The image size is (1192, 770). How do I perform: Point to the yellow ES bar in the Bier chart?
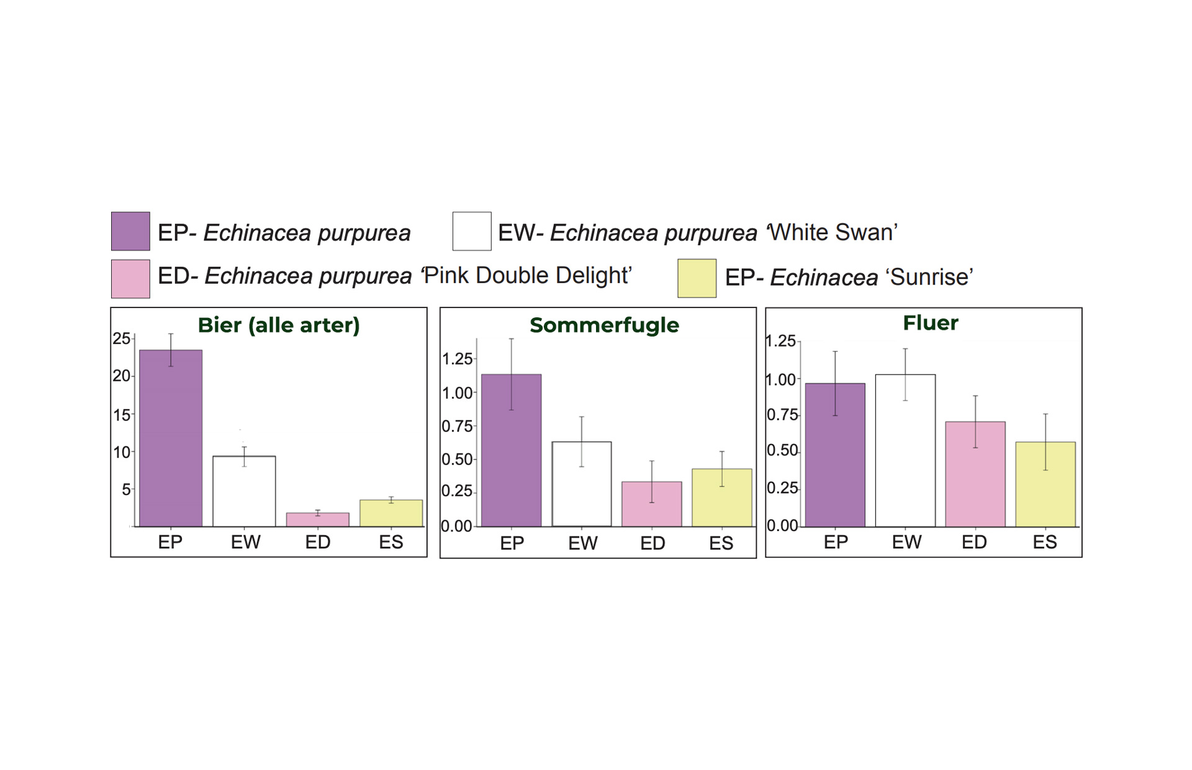click(391, 514)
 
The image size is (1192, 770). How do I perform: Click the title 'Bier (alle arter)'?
click(279, 325)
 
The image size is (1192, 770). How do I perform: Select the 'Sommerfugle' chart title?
click(604, 325)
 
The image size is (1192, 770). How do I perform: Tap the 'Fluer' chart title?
click(930, 323)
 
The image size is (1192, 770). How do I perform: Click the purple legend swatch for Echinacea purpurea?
click(130, 231)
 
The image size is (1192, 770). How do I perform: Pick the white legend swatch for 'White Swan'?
click(472, 231)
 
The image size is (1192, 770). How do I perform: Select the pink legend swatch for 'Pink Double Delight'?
click(130, 279)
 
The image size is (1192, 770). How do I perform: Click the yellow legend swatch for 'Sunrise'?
click(697, 278)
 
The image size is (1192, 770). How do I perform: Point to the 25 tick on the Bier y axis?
click(121, 338)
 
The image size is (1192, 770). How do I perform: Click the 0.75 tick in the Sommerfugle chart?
click(457, 426)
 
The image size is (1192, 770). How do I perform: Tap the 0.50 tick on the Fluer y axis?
click(782, 450)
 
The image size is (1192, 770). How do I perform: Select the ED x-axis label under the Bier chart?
click(318, 542)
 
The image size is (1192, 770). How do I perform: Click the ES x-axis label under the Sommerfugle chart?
click(721, 543)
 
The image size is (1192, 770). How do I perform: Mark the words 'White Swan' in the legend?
click(832, 232)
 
